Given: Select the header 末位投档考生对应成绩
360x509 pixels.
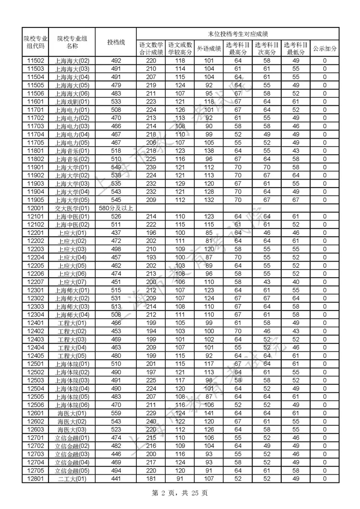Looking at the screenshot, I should [x=238, y=34].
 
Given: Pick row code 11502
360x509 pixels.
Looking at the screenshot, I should [x=36, y=61].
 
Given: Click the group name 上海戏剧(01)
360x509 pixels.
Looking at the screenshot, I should [x=72, y=102].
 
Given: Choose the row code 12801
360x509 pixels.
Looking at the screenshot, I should [x=36, y=478].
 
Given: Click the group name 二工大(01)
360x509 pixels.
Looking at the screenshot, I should [x=72, y=478].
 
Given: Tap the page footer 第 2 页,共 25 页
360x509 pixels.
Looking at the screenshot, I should [x=180, y=493].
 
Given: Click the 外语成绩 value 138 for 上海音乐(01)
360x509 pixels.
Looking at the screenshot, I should [x=209, y=151].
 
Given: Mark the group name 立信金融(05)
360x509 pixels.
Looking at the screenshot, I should [x=72, y=470].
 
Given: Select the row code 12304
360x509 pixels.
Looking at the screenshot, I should [x=36, y=315].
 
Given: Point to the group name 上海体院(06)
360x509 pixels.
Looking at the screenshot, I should [x=72, y=405].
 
